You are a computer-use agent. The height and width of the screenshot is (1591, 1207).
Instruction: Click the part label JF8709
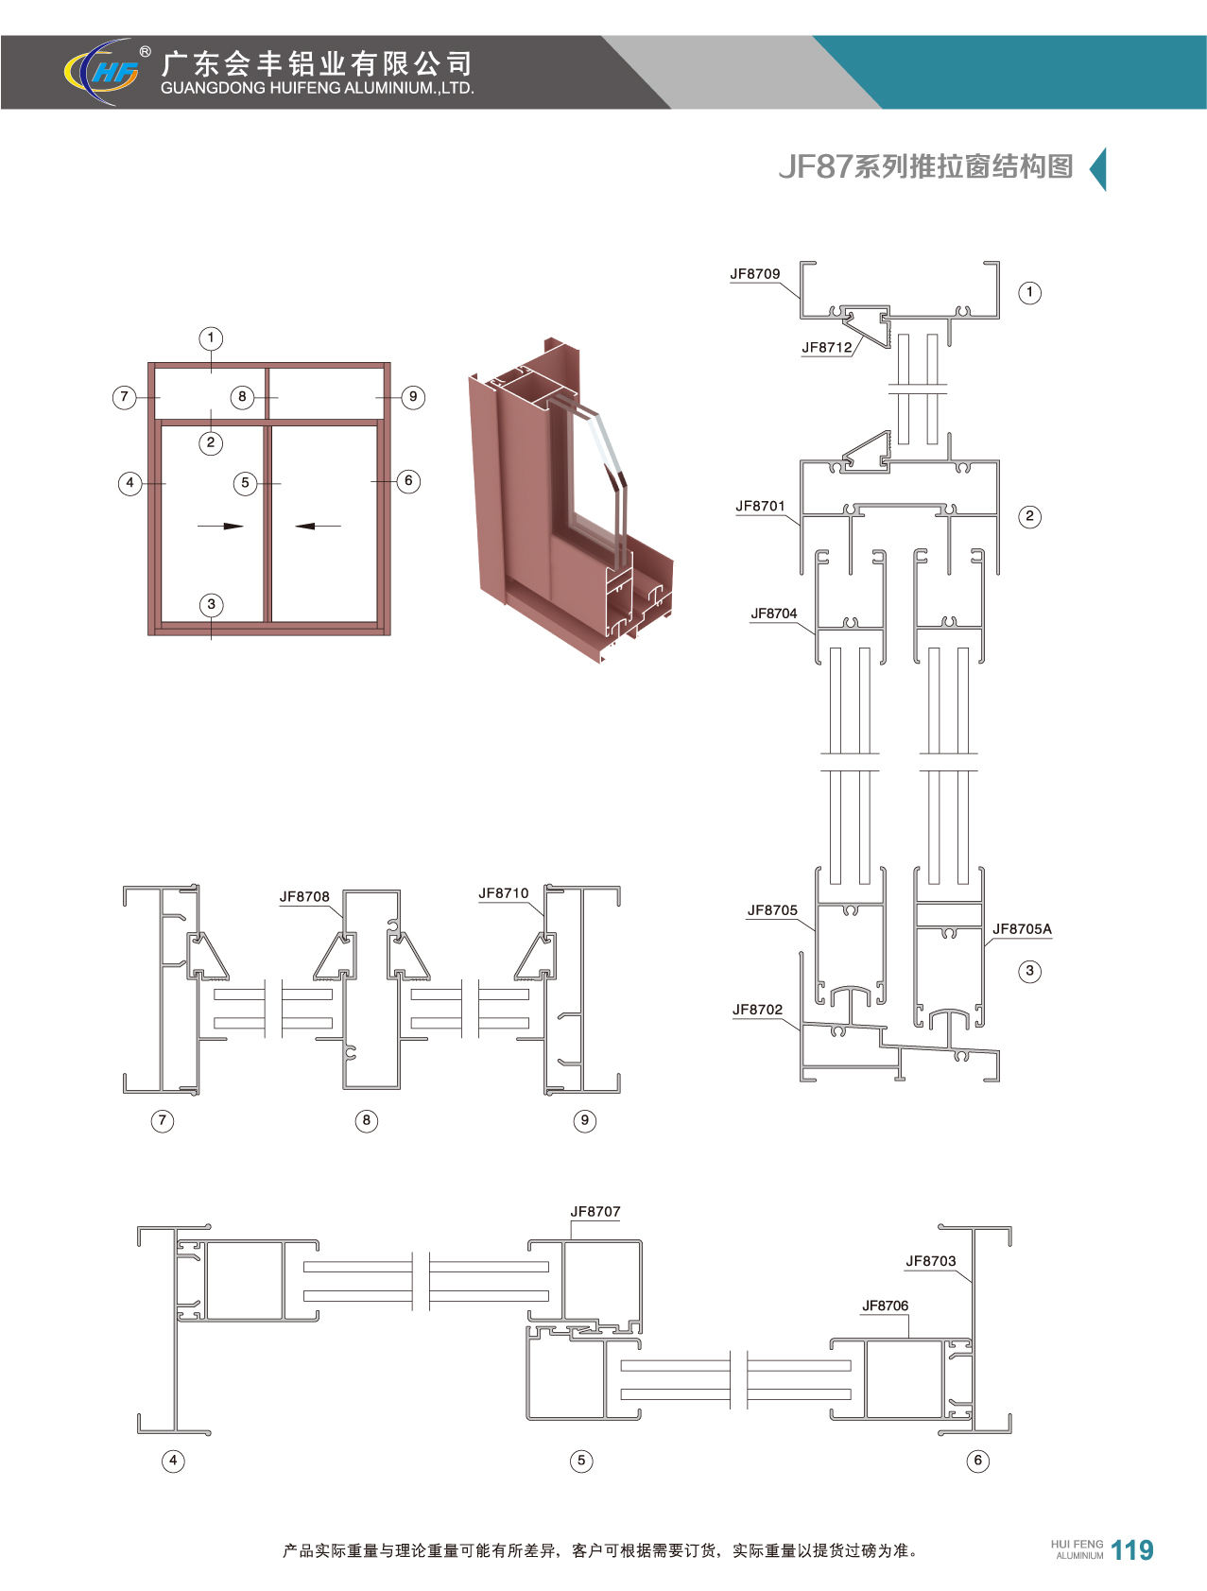(755, 274)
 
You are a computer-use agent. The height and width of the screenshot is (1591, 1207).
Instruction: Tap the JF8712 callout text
(827, 347)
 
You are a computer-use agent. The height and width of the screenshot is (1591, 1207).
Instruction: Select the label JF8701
(761, 506)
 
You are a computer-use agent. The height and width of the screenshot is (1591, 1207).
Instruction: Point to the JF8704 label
(774, 614)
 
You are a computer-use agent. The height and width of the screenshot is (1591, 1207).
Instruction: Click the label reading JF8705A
(1022, 929)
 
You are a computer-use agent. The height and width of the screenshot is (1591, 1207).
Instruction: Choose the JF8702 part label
(758, 1010)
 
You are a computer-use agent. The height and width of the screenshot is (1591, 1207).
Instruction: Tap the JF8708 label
(304, 896)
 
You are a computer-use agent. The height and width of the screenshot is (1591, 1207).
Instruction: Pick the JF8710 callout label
(504, 892)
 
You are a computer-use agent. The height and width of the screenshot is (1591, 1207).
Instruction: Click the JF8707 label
(595, 1211)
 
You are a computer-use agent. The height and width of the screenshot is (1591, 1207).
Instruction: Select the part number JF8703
(931, 1260)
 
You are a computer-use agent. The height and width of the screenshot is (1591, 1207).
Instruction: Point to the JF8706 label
(886, 1306)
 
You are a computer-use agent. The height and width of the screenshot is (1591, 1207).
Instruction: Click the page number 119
(1132, 1550)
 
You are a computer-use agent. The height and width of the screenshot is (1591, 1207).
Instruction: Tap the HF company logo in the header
(105, 71)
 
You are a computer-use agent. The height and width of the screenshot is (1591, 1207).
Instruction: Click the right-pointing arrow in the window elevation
(221, 527)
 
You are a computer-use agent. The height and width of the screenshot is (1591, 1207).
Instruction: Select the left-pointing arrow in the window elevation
(318, 527)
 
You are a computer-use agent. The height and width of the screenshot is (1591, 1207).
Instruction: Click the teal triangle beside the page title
(1099, 170)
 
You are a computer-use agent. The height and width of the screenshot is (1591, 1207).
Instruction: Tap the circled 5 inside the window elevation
(245, 483)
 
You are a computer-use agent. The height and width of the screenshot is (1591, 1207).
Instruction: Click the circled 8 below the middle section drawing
(367, 1120)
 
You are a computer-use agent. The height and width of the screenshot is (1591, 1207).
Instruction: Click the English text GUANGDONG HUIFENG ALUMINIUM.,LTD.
(318, 88)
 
